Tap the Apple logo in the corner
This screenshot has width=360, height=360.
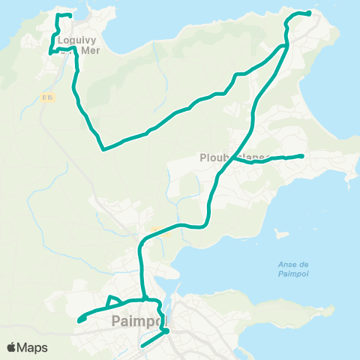(13, 347)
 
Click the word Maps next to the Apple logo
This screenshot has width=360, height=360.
(33, 347)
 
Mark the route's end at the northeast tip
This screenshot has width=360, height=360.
(310, 13)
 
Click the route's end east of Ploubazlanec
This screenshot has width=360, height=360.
(301, 156)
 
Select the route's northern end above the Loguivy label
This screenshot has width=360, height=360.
(70, 16)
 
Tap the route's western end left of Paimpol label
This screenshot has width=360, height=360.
(79, 321)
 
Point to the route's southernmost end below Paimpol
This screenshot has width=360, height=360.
(142, 346)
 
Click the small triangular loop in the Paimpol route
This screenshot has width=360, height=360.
(114, 301)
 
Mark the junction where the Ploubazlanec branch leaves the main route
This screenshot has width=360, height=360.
(232, 157)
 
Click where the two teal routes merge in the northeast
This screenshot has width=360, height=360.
(286, 46)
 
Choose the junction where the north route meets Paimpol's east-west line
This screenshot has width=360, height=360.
(143, 298)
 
